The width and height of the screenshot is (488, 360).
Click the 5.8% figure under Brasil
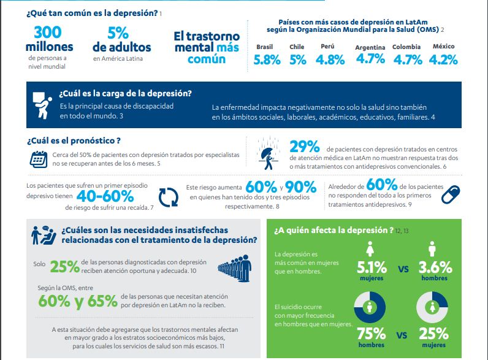(x=267, y=59)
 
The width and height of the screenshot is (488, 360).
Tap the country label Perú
(x=327, y=46)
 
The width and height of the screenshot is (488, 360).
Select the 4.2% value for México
(x=444, y=59)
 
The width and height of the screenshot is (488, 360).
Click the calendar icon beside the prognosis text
(x=39, y=159)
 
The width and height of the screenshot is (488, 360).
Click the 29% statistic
(x=305, y=147)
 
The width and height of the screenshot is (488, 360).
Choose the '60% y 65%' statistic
(x=77, y=301)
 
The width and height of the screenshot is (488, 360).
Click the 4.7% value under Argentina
(x=370, y=59)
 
